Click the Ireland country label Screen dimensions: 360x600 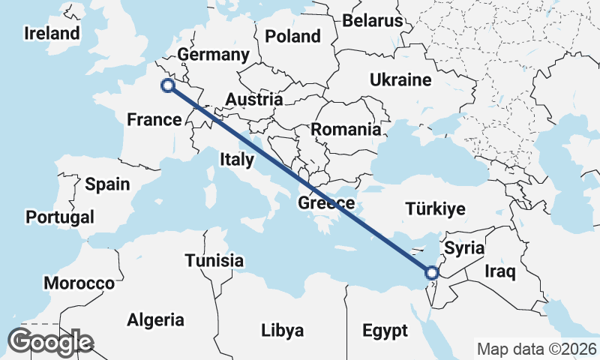pos(52,34)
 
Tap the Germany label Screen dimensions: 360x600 pos(214,55)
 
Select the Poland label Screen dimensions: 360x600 pos(292,36)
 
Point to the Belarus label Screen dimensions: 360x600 pos(373,20)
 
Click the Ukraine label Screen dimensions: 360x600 pos(400,80)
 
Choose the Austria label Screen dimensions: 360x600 pos(253,99)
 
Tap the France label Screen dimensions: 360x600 pos(154,119)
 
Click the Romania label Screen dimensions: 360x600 pos(346,129)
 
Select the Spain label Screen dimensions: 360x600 pos(107,184)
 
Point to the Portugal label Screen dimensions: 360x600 pos(60,217)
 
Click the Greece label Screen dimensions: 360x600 pos(326,203)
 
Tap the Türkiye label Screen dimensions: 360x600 pos(435,208)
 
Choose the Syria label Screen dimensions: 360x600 pos(464,247)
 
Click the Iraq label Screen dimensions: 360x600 pos(500,271)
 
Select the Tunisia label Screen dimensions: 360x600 pos(214,260)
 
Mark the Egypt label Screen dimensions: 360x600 pos(385,331)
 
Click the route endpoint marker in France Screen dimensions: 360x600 pos(168,85)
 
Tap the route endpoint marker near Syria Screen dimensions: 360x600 pos(432,272)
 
